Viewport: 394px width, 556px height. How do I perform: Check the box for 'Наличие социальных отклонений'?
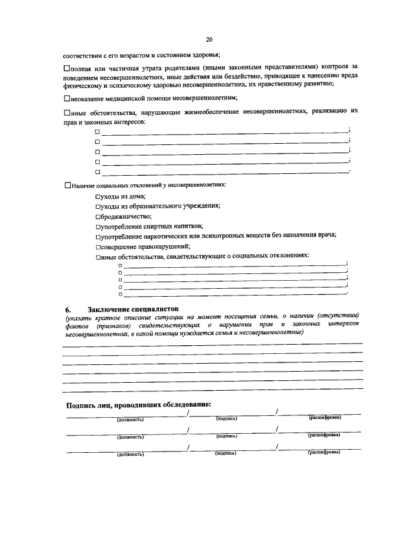68,185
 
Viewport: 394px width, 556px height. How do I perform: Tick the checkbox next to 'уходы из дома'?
98,196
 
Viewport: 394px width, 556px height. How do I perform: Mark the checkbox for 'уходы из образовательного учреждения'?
98,206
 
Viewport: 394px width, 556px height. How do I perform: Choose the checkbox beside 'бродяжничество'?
98,216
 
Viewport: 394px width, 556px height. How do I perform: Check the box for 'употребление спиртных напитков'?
98,226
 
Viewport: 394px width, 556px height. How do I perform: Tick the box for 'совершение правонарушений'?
98,246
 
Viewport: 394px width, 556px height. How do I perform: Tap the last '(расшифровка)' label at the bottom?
324,452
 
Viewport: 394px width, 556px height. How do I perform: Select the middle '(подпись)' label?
227,436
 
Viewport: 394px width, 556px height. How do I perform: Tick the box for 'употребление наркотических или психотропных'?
98,236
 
